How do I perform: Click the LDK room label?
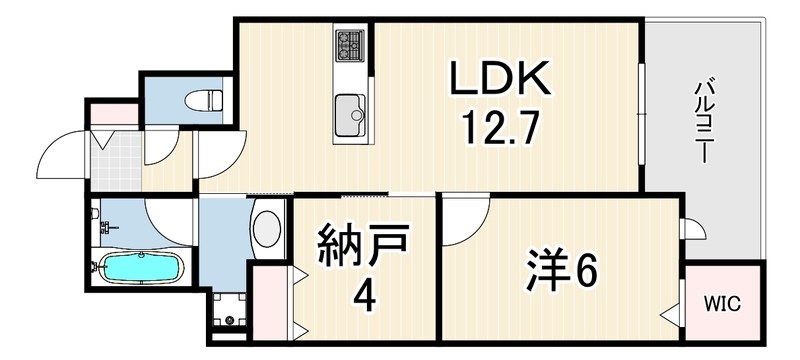(x=499, y=79)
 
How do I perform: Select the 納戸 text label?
(x=363, y=245)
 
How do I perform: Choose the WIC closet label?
(x=722, y=304)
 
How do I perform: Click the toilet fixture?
(x=204, y=99)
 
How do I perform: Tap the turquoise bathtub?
(x=141, y=267)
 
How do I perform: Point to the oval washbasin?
(x=266, y=227)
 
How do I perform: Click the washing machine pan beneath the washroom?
(x=229, y=311)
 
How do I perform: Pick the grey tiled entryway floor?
(x=116, y=161)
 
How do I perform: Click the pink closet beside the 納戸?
(x=270, y=302)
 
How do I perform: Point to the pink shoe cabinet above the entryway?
(x=114, y=114)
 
